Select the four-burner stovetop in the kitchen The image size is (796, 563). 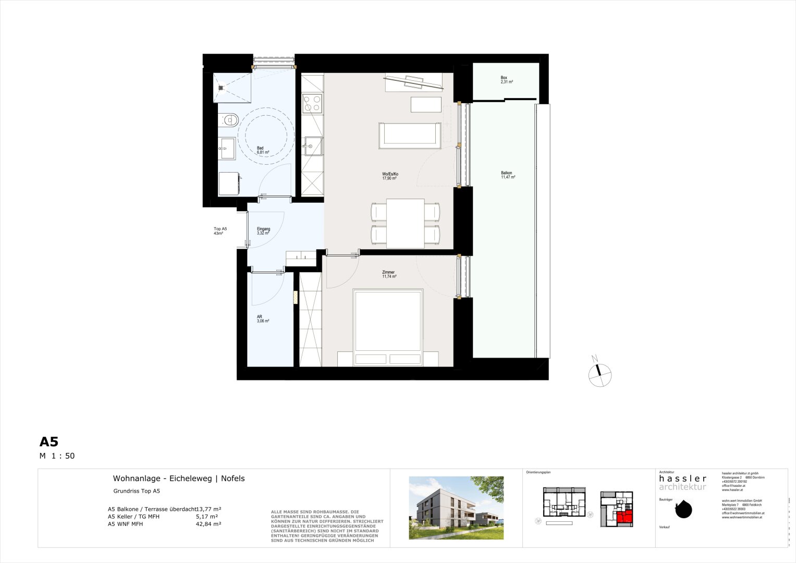coord(312,103)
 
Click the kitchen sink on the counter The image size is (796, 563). coord(313,146)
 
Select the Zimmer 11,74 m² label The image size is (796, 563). coord(389,274)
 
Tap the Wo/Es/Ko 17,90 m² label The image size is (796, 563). coord(390,176)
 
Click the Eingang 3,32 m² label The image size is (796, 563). coord(263,231)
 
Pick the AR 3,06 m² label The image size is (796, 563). coord(263,319)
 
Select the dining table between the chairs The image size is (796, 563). coord(405,223)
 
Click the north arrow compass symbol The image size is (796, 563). coord(599,374)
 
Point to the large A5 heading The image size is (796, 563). coord(49,442)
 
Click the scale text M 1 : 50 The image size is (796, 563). coord(57,456)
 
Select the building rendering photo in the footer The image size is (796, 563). coord(456,507)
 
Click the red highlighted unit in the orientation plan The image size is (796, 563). coord(624,517)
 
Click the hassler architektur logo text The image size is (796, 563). coord(682,482)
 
